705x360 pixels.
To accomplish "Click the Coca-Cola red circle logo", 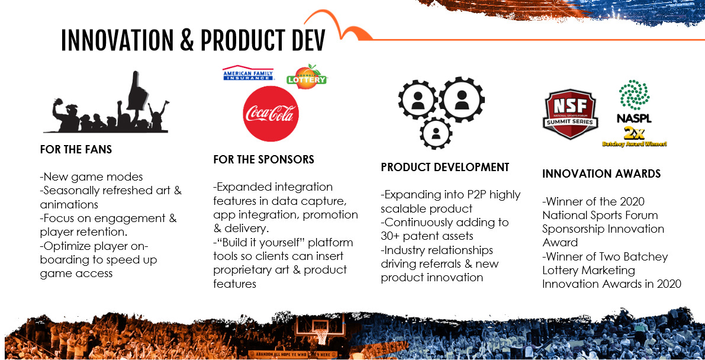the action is coord(270,114).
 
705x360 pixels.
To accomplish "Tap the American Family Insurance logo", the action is coord(249,73).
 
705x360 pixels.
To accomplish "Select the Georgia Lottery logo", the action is coord(307,76).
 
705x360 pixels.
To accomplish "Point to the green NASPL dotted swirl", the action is coord(634,95).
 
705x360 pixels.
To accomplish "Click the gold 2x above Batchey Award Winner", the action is coord(634,133).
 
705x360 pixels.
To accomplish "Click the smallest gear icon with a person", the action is coord(435,133).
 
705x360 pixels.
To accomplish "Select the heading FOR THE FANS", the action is coord(76,150).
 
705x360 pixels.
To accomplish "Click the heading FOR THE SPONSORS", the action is coord(263,160).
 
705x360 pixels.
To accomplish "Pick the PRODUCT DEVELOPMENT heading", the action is coord(445,168).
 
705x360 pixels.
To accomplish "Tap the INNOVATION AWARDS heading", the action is coord(601,173).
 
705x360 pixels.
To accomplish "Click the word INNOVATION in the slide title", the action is coord(117,41).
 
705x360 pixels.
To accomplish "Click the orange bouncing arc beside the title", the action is coord(337,25).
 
